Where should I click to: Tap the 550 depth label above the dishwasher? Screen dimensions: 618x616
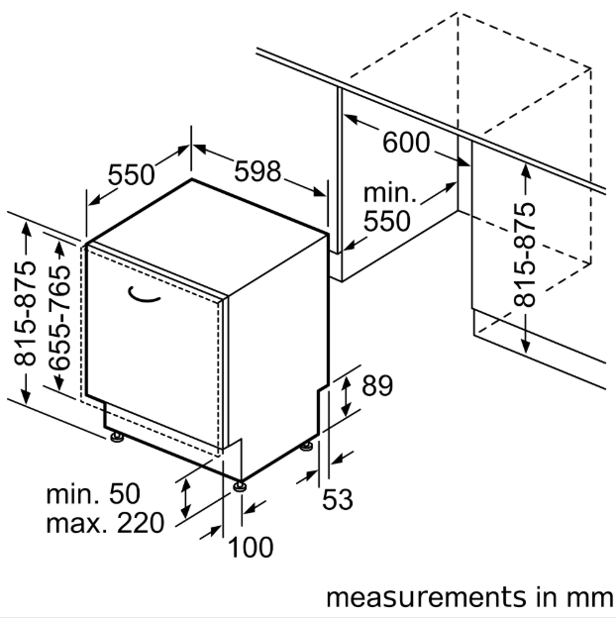click(x=132, y=175)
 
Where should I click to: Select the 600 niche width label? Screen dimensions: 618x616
click(x=406, y=143)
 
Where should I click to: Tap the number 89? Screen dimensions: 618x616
click(x=377, y=386)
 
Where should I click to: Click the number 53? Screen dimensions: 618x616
click(x=337, y=499)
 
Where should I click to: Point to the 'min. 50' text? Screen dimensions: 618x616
click(x=94, y=492)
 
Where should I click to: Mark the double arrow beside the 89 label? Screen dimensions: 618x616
click(x=346, y=394)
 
